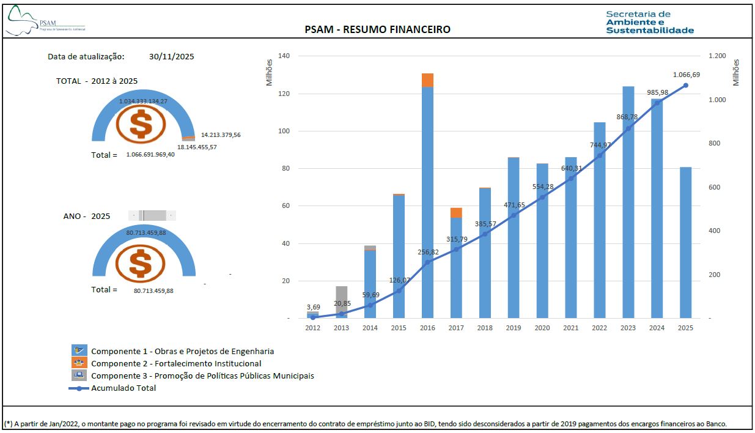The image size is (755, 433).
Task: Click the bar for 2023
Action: point(628,202)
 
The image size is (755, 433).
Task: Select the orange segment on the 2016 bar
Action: point(427,80)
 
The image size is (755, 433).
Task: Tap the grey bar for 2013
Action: point(342,302)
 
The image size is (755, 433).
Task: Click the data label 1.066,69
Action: point(686,75)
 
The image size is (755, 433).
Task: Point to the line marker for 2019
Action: point(514,215)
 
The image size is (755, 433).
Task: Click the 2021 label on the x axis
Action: point(570,328)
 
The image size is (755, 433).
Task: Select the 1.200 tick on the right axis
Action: point(717,56)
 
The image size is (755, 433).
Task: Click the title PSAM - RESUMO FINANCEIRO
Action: point(377,29)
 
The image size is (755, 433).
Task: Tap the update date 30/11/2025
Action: point(171,56)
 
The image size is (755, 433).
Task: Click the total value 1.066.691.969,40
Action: point(150,155)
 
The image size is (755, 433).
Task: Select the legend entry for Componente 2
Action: point(176,363)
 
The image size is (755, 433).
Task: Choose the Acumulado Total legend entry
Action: point(123,388)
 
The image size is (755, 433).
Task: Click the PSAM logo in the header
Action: point(45,22)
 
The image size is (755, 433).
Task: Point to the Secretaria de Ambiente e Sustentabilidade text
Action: point(650,22)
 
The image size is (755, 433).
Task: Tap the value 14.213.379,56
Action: point(221,135)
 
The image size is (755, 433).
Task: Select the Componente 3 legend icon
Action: point(79,375)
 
